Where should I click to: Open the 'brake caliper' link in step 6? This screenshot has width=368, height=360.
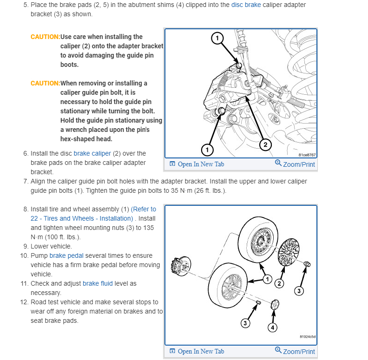coord(92,153)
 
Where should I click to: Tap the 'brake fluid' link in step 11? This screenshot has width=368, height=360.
coord(98,283)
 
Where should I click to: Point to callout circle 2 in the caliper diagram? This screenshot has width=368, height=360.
coord(265,144)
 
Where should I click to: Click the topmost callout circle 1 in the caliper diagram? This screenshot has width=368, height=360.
coord(217,39)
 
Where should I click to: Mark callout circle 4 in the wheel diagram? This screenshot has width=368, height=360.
coord(273,327)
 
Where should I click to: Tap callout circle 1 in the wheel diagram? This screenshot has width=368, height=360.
coord(267,279)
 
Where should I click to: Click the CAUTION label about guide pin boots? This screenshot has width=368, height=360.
coord(45,37)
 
